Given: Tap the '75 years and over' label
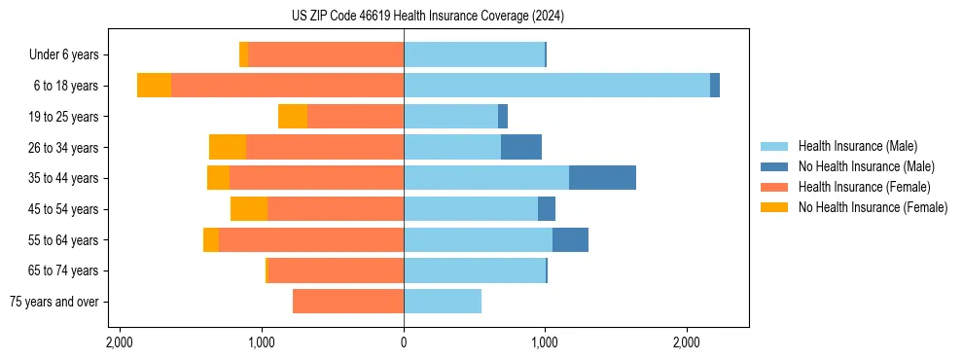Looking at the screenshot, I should tap(54, 302).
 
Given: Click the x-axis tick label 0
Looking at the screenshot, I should tap(404, 342).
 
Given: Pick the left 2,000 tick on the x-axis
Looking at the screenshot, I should tap(120, 342).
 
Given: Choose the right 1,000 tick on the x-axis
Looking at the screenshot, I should tap(545, 342).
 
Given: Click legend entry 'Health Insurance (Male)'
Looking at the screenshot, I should tap(856, 146).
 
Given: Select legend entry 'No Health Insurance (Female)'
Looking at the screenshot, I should tap(873, 207).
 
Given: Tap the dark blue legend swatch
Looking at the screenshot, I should tap(774, 166).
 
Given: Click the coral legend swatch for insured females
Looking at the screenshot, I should tap(774, 187).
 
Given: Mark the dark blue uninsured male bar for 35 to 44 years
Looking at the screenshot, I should tap(602, 178).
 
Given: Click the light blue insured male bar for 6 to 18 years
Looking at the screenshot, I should tap(556, 86).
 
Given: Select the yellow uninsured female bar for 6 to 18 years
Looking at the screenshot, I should tap(154, 86).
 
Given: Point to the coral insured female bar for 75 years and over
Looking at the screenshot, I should tap(348, 302).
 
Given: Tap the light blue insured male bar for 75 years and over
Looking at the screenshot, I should tap(443, 302).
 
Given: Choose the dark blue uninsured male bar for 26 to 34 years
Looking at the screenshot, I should tap(521, 147).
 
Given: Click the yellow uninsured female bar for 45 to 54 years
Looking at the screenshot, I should tap(249, 209).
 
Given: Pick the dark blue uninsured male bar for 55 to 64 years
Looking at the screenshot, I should tap(570, 239).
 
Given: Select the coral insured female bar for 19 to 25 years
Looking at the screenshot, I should tap(355, 117).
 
